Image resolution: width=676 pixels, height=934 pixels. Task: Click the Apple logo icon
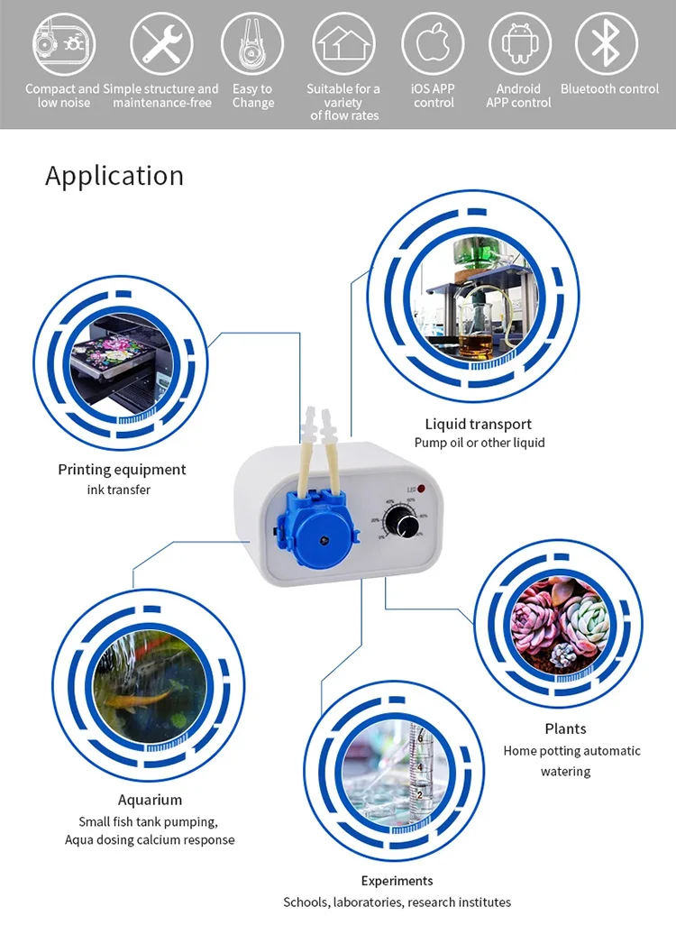[x=433, y=43]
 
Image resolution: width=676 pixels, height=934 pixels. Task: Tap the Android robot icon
[x=519, y=43]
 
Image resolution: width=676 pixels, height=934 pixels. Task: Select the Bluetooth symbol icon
[x=606, y=43]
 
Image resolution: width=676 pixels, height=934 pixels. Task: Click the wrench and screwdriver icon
[x=161, y=43]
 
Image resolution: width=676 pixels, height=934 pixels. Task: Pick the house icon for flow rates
[x=343, y=43]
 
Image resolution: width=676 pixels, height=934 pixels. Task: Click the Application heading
[x=114, y=176]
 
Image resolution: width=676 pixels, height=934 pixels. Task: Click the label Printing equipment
[x=122, y=470]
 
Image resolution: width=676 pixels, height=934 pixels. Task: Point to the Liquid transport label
[x=479, y=424]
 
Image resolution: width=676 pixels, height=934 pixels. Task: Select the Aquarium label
[x=150, y=800]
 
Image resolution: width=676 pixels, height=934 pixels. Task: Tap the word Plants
[x=565, y=728]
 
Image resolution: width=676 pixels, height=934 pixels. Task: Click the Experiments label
[x=397, y=881]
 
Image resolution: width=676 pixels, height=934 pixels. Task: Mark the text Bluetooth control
[x=609, y=89]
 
